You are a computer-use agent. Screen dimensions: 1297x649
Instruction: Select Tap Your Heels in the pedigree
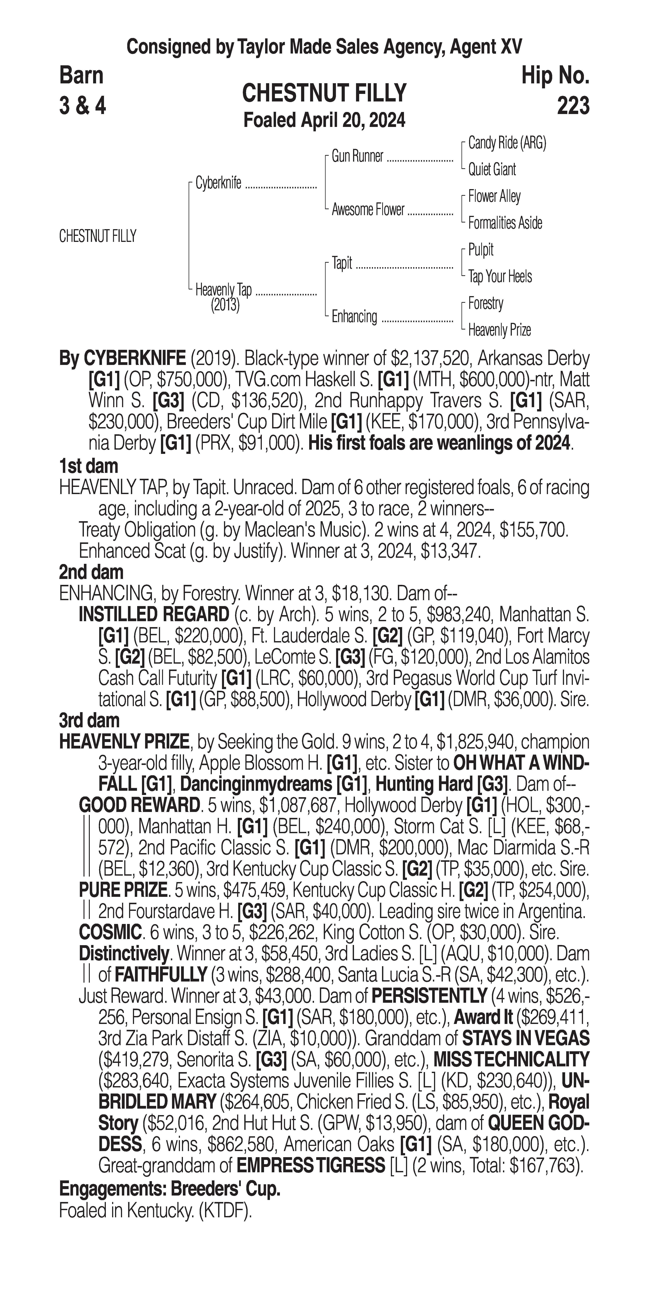pyautogui.click(x=500, y=276)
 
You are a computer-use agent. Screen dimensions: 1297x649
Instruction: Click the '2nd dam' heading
pyautogui.click(x=91, y=572)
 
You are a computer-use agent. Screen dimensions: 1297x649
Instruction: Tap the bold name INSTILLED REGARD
pyautogui.click(x=154, y=615)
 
